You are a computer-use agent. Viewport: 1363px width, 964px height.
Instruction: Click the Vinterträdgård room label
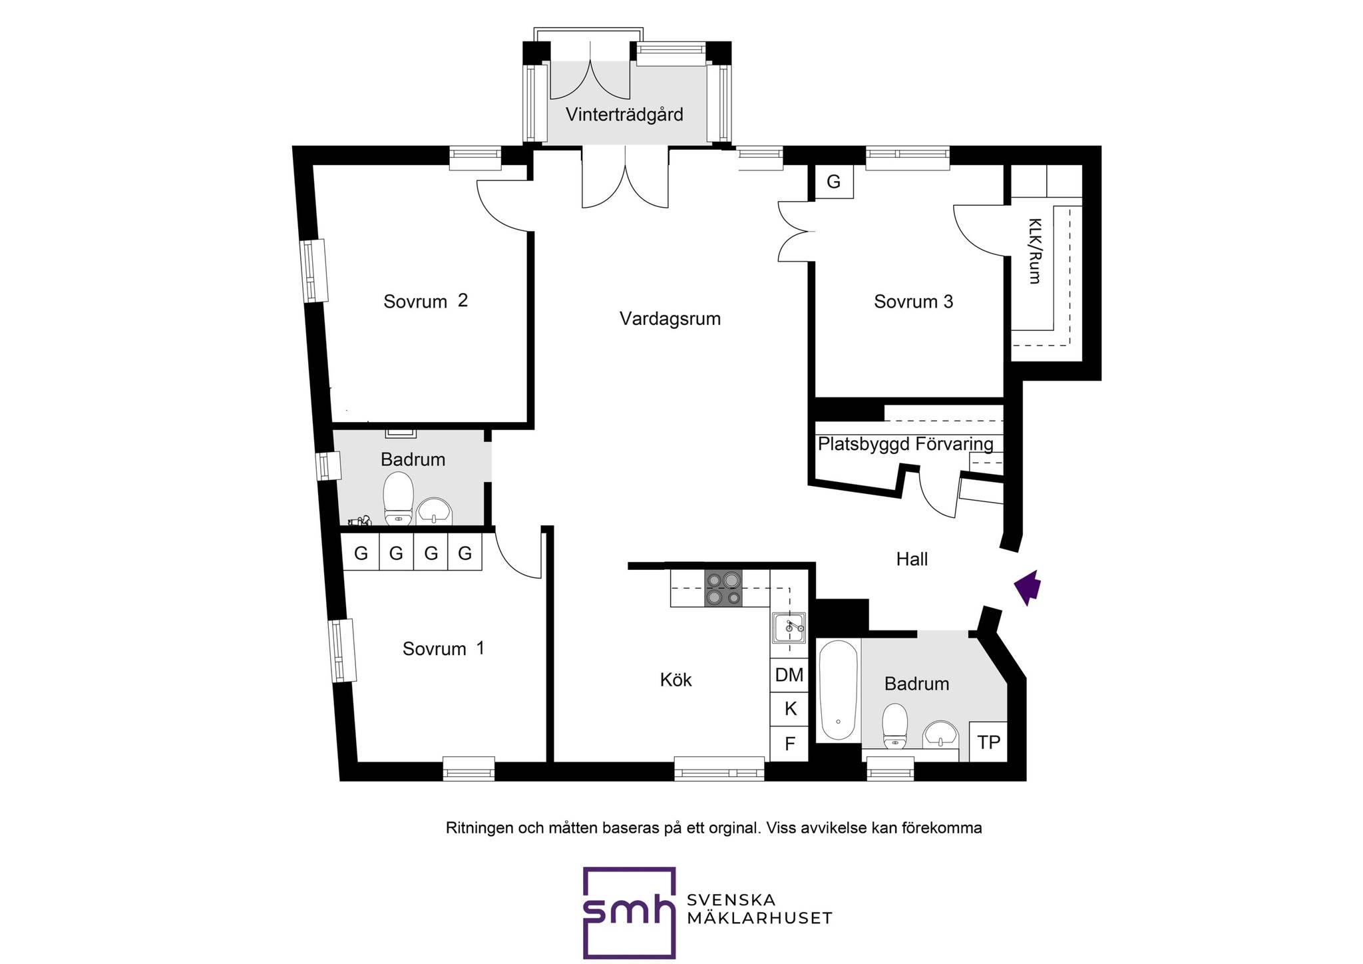(624, 115)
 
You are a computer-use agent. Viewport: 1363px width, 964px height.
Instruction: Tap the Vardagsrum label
(670, 319)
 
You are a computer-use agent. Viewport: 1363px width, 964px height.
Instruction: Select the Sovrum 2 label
(426, 302)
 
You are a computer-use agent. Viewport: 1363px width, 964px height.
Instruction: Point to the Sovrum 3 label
(913, 302)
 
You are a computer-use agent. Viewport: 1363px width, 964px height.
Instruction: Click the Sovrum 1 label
(443, 649)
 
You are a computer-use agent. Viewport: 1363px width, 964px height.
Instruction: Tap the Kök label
(676, 680)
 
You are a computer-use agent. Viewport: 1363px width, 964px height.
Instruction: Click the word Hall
(912, 559)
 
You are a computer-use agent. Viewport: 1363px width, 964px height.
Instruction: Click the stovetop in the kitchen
(722, 589)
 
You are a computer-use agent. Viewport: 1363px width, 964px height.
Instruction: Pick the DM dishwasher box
(789, 675)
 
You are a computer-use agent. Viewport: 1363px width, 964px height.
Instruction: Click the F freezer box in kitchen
(789, 744)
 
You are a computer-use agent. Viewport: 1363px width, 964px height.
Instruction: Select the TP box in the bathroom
(988, 742)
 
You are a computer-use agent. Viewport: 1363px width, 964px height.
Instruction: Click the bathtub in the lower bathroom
(839, 690)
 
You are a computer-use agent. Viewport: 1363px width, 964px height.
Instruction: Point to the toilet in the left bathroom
(398, 499)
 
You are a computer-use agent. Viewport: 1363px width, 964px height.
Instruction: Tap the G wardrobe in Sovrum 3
(833, 182)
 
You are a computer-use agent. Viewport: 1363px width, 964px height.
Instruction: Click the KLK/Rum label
(1035, 251)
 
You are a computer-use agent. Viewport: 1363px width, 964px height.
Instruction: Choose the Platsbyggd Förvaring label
(905, 444)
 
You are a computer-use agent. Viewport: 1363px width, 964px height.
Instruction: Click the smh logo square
(629, 912)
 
